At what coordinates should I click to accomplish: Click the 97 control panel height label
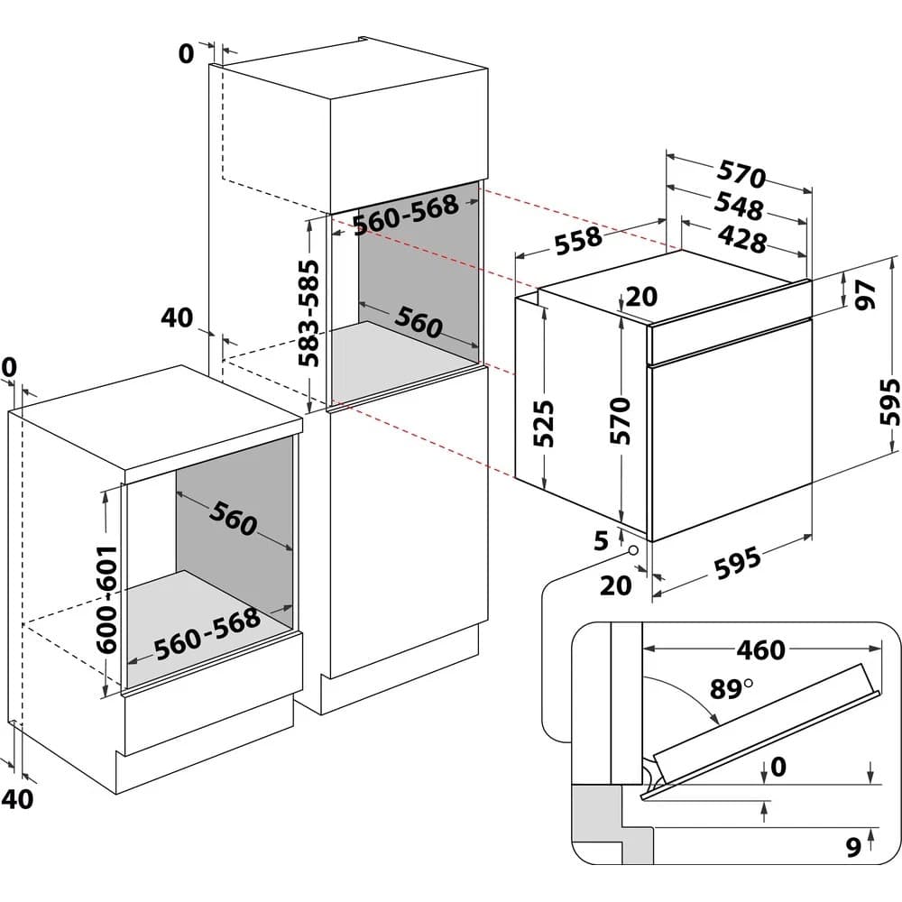[x=866, y=294]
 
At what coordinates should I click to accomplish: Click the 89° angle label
[x=730, y=690]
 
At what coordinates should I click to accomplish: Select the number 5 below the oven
[x=602, y=540]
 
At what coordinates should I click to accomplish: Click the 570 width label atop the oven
[x=741, y=174]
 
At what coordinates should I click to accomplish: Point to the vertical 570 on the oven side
[x=620, y=420]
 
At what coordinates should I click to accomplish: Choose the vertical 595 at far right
[x=889, y=402]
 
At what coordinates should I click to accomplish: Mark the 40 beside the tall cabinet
[x=178, y=318]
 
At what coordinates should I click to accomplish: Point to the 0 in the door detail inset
[x=778, y=767]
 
